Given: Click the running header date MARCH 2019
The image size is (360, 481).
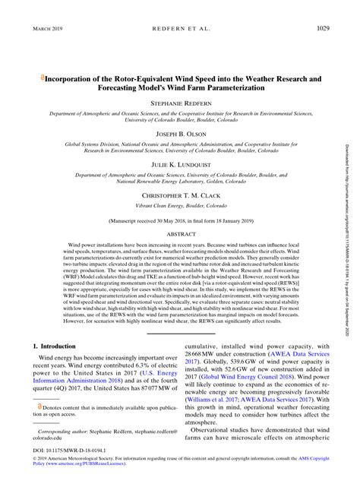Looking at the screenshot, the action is coord(46,30).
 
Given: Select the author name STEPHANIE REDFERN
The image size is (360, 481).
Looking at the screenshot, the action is coord(179,101).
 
